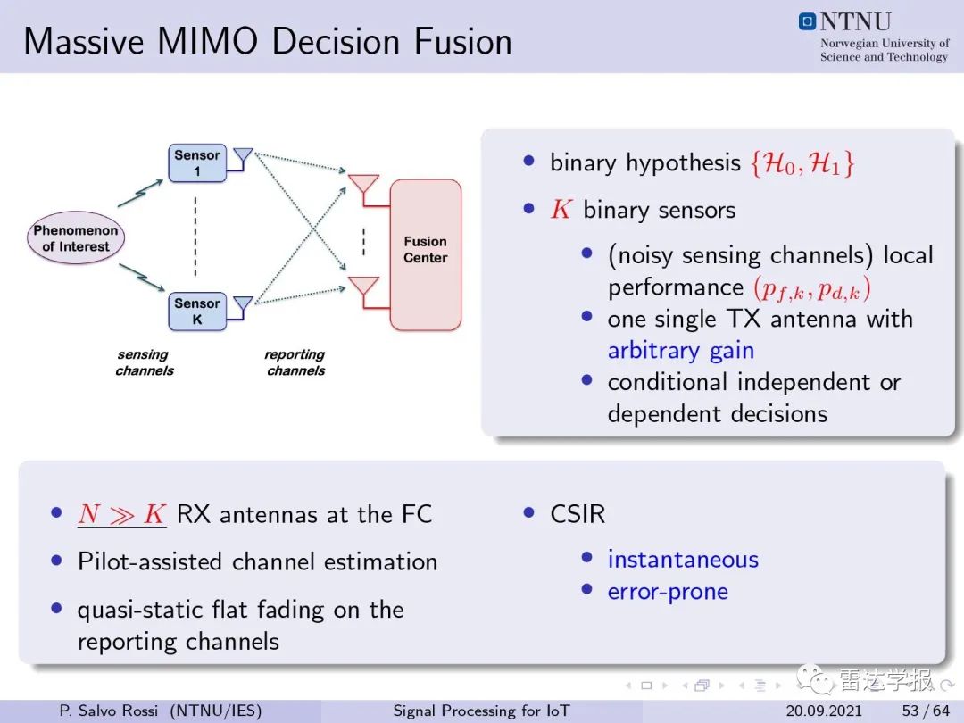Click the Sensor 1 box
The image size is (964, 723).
(x=197, y=163)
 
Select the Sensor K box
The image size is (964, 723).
(x=197, y=312)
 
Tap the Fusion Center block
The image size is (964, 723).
(x=426, y=254)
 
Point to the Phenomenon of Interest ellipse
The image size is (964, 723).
(x=76, y=238)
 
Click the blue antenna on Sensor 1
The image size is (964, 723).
(x=243, y=158)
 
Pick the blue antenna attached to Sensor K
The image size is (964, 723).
(x=243, y=307)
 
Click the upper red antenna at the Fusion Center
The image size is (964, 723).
(x=364, y=185)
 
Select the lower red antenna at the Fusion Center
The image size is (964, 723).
(x=364, y=287)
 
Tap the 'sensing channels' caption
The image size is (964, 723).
(x=145, y=362)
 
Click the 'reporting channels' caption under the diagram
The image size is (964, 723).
(x=295, y=362)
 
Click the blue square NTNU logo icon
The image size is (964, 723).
(x=807, y=21)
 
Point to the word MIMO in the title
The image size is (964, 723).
(x=207, y=41)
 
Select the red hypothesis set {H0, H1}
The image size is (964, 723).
(x=802, y=163)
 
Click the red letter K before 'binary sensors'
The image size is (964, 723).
(x=561, y=210)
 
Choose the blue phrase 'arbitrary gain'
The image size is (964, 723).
(x=680, y=351)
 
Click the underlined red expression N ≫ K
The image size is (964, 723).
(x=121, y=514)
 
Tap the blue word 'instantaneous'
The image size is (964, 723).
(x=683, y=560)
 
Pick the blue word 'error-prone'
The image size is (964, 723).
(x=668, y=592)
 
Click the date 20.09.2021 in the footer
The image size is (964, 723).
(x=824, y=711)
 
